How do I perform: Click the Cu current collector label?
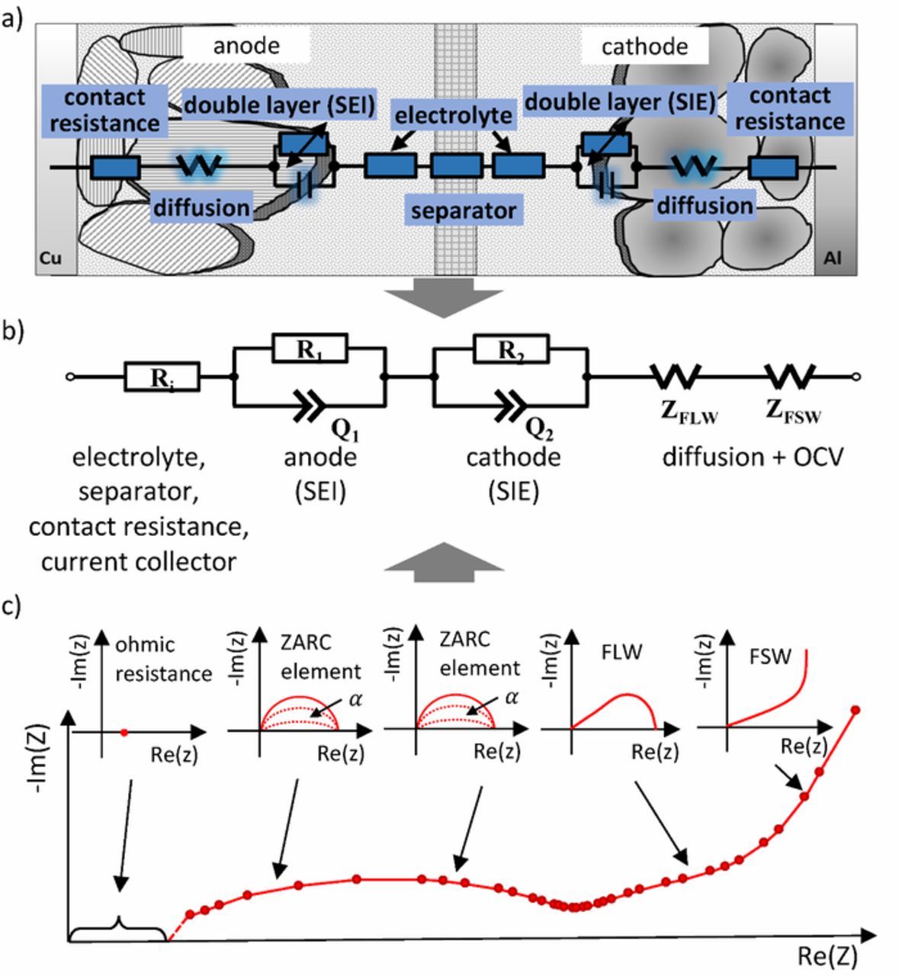(x=50, y=258)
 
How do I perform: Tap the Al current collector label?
(x=832, y=258)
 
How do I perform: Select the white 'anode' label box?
(x=246, y=46)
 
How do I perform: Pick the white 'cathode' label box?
(x=644, y=47)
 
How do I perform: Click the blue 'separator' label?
(x=463, y=210)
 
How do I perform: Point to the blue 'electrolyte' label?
(x=454, y=115)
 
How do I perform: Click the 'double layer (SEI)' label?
(x=279, y=105)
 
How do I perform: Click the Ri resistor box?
(x=162, y=377)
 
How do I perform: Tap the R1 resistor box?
(x=310, y=348)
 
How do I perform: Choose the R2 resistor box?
(x=511, y=348)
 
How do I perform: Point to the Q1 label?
(x=345, y=431)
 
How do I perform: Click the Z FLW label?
(x=689, y=411)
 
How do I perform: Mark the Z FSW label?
(x=794, y=411)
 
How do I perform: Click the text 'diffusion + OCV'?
(x=753, y=457)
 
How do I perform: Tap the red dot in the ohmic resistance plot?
(x=124, y=732)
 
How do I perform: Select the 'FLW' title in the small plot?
(x=621, y=652)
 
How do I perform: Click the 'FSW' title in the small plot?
(x=770, y=656)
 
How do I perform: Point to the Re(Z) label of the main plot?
(x=827, y=955)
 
